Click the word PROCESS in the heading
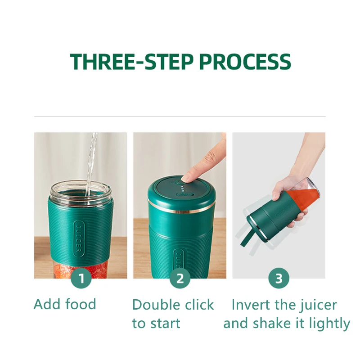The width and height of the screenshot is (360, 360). (245, 62)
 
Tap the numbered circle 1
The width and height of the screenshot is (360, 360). (81, 278)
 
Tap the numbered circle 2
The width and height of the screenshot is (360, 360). (180, 278)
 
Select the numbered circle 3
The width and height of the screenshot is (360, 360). (279, 278)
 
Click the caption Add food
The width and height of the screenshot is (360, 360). (65, 304)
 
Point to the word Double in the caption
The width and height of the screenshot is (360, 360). (156, 305)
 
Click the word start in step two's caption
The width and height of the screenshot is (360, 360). (165, 323)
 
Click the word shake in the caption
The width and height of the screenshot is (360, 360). (272, 323)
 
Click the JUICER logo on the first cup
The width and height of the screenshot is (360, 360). (78, 239)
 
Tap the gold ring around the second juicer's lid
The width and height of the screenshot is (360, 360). (181, 207)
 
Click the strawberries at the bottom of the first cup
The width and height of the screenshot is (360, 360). (81, 271)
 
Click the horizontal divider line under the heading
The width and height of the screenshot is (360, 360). (180, 117)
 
